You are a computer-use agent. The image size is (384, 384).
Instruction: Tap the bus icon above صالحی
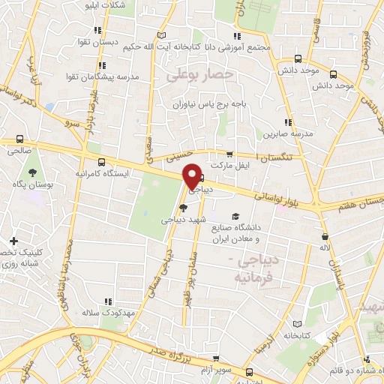[19, 139]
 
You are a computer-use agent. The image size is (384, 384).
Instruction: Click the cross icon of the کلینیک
[13, 241]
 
